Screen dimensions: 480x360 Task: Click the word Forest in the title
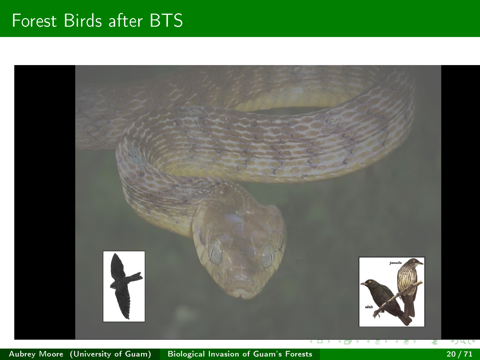tap(34, 21)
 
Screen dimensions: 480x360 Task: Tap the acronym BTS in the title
tap(166, 21)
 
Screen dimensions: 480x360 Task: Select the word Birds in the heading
tap(83, 21)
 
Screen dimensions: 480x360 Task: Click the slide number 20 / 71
tap(459, 354)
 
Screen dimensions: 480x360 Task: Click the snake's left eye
tap(215, 253)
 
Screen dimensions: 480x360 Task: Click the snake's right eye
tap(269, 256)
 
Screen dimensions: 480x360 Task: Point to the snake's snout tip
tap(241, 296)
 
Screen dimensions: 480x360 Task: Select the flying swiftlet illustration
tap(124, 286)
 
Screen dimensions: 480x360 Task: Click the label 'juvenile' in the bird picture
tap(396, 263)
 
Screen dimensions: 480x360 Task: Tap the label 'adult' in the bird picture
tap(369, 307)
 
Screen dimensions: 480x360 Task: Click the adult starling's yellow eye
tap(370, 282)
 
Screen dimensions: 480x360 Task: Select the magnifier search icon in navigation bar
tap(463, 341)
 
